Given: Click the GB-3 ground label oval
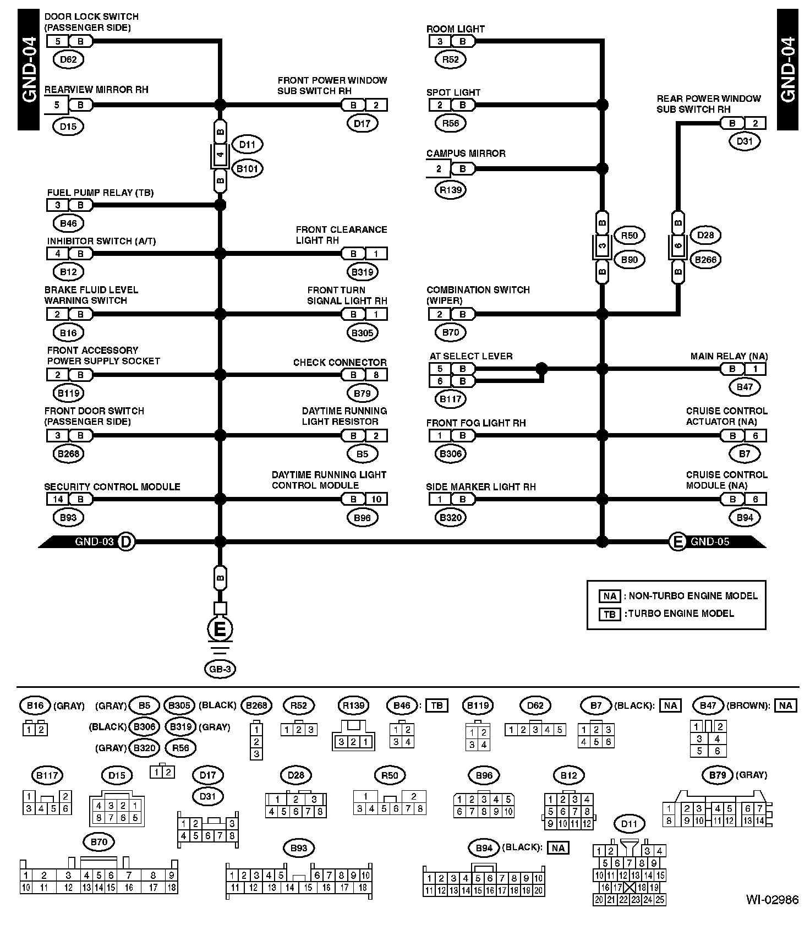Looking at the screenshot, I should [220, 669].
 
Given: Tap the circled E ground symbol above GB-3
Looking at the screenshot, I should [220, 629].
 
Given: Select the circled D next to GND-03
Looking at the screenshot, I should [126, 541].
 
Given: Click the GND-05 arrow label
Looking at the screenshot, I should [710, 541].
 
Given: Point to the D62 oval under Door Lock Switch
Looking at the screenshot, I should [68, 59].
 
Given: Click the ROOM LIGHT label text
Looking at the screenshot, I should [455, 29].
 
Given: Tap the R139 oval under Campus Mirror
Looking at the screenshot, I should [451, 190].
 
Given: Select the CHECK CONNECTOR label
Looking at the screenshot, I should [340, 362].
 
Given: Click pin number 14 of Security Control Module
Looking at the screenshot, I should [58, 499].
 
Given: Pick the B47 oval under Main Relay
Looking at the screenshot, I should [745, 387].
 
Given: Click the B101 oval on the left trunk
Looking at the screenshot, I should [247, 168].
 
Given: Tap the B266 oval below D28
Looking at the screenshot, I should [705, 260].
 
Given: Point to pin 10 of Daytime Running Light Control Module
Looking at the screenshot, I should [376, 499].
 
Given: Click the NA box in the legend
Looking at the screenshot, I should [610, 596].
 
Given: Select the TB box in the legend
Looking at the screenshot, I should [610, 614].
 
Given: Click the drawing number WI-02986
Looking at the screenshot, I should [772, 916].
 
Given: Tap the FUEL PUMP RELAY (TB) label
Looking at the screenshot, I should [100, 193].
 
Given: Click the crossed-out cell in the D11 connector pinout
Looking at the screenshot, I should [630, 887].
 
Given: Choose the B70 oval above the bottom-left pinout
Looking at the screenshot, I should [98, 842].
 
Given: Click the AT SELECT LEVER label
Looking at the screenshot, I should [470, 356].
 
